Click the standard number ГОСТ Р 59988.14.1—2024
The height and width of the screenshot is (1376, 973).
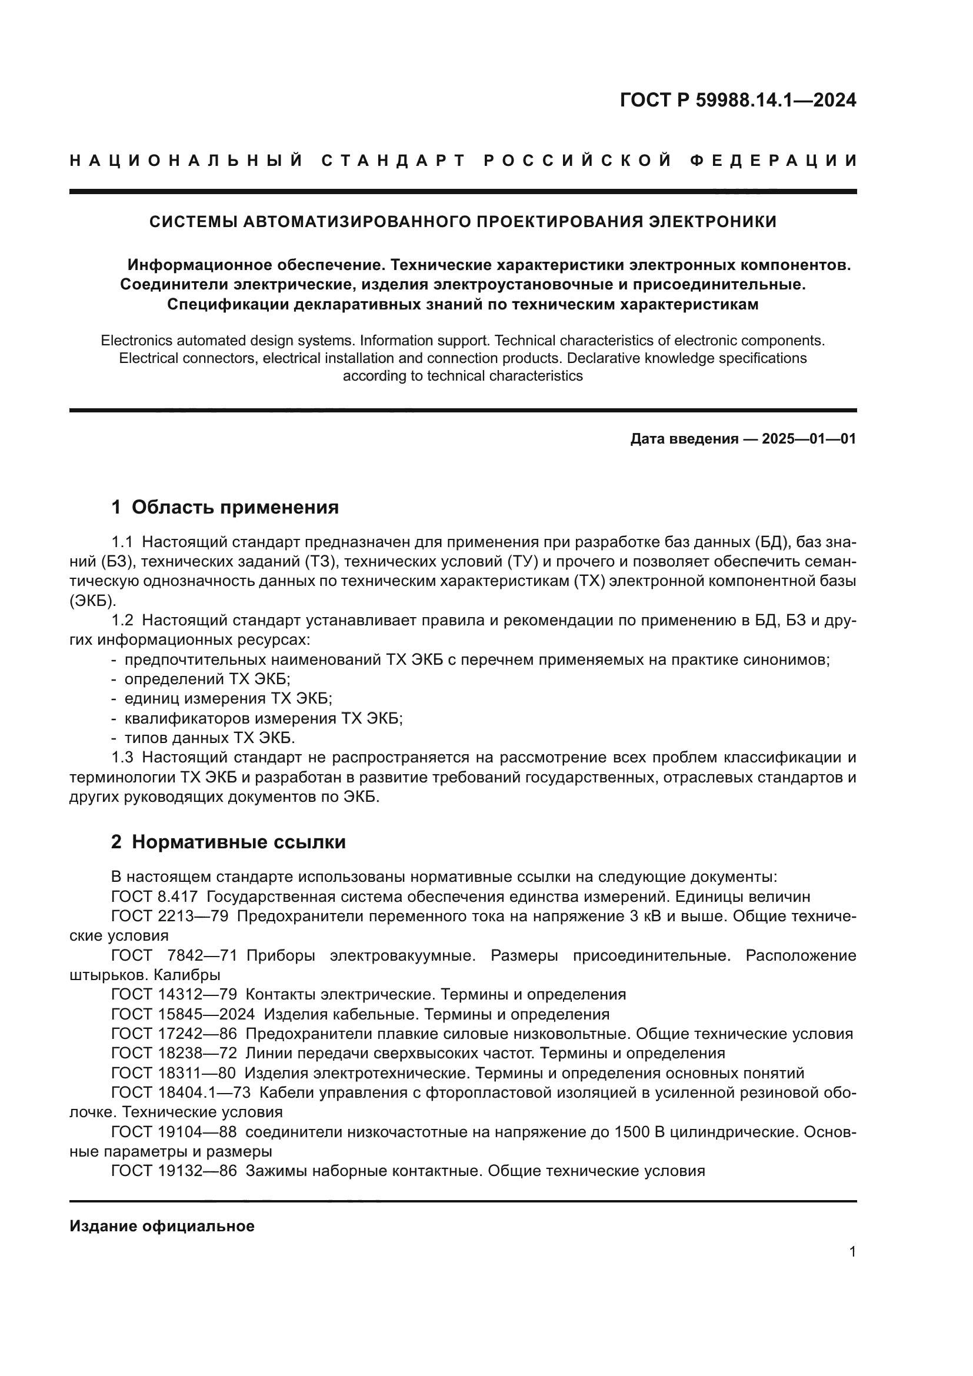pos(738,100)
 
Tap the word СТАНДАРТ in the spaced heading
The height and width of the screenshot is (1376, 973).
pos(393,161)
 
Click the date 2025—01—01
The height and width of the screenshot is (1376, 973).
pos(808,439)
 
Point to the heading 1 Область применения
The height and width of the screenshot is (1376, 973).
pos(225,508)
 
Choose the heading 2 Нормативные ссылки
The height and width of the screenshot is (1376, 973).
pos(228,842)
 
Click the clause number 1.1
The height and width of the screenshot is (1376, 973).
pos(122,542)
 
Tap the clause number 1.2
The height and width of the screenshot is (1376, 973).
pos(122,620)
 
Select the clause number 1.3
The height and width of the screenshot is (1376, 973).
pos(122,758)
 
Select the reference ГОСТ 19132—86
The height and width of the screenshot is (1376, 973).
pos(174,1171)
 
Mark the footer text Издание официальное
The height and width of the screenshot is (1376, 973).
pos(162,1226)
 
